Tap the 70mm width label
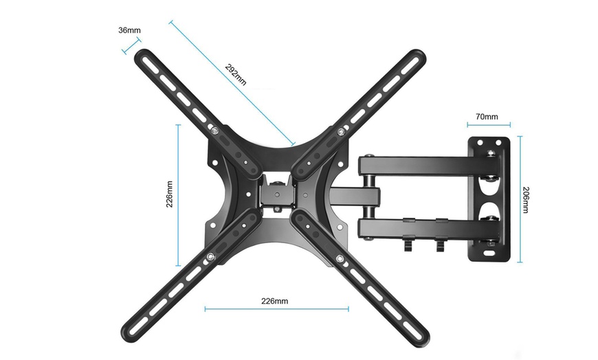[x=488, y=117]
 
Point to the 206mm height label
[x=526, y=200]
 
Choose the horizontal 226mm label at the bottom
[x=276, y=301]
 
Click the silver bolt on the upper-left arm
[x=217, y=131]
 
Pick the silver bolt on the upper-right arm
[x=342, y=131]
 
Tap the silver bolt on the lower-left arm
[x=210, y=257]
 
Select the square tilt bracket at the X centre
[x=276, y=192]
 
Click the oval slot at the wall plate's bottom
[x=489, y=252]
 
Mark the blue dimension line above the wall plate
[x=489, y=125]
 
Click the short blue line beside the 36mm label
[x=131, y=45]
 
